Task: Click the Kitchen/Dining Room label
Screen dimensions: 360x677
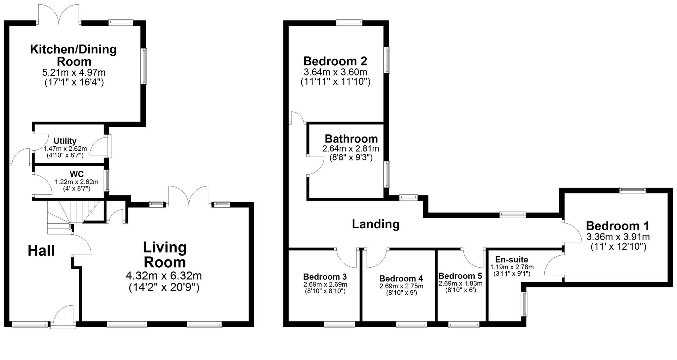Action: (73, 55)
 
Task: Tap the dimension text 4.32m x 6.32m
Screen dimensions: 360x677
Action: (164, 275)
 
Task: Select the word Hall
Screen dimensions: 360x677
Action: (41, 251)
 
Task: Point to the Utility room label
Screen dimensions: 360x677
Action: (65, 141)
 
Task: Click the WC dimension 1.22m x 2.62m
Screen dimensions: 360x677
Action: (76, 182)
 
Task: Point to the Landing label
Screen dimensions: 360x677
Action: (376, 224)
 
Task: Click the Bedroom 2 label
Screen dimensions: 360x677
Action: (335, 61)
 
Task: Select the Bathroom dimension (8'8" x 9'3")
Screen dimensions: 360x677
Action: (351, 158)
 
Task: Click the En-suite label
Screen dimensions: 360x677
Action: (511, 260)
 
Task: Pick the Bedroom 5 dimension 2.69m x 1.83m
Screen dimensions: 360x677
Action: (460, 283)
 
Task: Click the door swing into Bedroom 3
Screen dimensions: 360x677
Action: (346, 257)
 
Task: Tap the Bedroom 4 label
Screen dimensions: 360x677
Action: (401, 279)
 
